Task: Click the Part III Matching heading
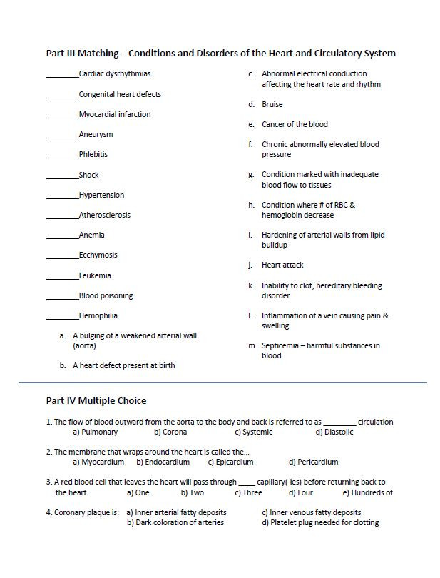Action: click(x=220, y=54)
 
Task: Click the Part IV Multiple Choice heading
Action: click(x=96, y=401)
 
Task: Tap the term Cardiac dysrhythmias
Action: click(x=114, y=74)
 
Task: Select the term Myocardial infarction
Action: click(x=114, y=114)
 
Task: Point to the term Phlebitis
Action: click(x=93, y=155)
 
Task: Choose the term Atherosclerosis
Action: click(x=104, y=215)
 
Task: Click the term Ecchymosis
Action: click(x=98, y=255)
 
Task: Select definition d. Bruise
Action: click(x=272, y=104)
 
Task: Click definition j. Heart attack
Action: click(x=282, y=265)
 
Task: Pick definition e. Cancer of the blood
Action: click(x=294, y=124)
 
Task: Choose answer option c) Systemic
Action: click(x=254, y=432)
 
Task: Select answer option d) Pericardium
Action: click(x=313, y=462)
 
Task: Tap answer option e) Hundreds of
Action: click(x=368, y=492)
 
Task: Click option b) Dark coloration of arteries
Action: click(x=175, y=522)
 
